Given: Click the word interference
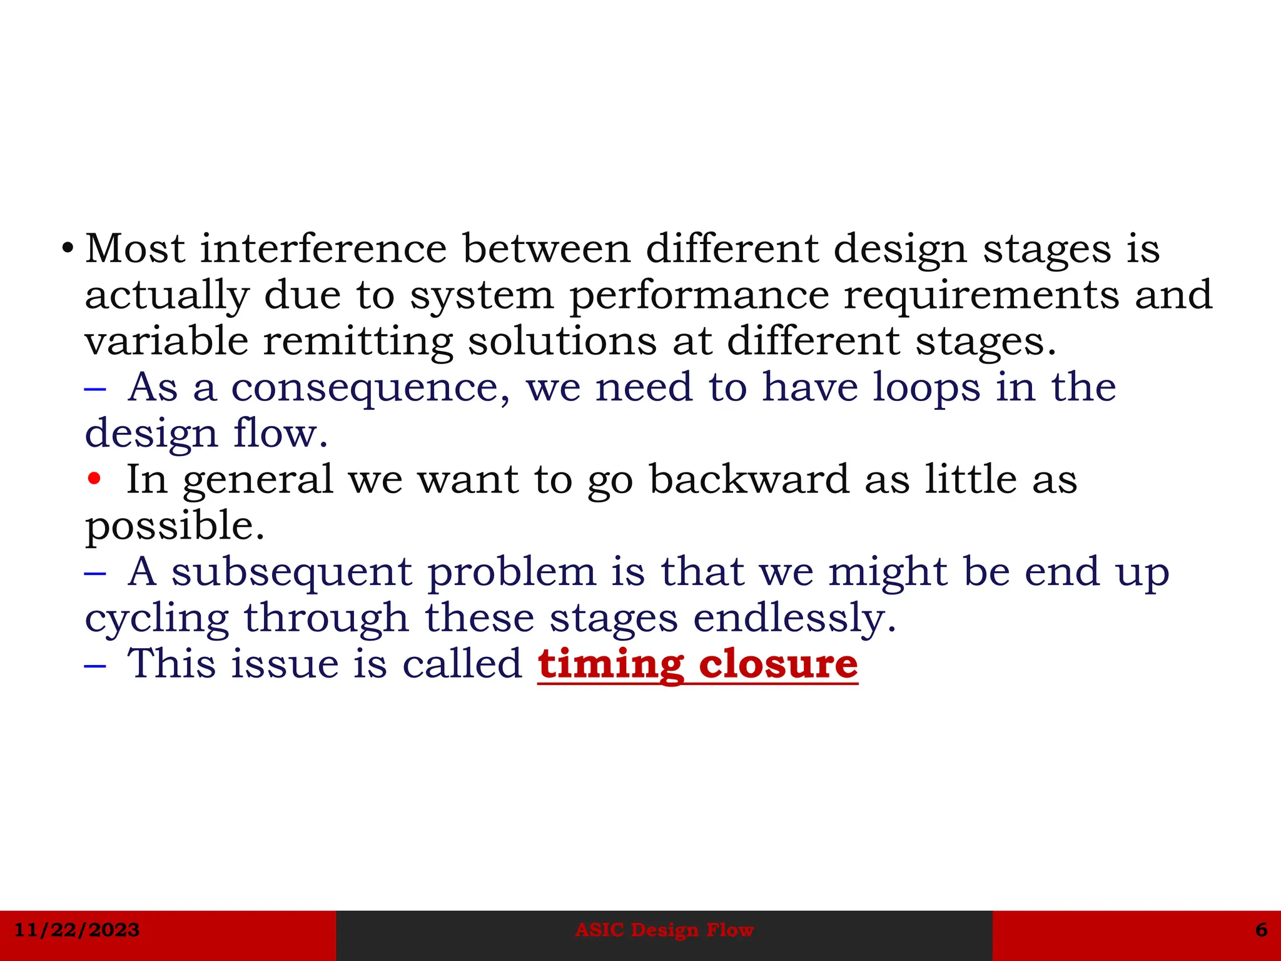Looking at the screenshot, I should pos(323,248).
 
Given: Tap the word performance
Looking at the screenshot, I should pos(699,295).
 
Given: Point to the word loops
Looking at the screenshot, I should pos(926,387).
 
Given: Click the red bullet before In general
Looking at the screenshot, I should pos(94,480).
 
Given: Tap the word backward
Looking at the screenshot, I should pos(749,480).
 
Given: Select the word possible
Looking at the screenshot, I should pos(174,526).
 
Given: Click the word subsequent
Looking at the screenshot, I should pos(291,572).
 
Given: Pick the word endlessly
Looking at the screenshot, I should pos(794,618).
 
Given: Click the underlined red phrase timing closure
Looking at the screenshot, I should pos(697,664).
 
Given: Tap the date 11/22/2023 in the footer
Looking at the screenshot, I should pos(77,930).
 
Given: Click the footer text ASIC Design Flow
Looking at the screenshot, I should pos(664,930).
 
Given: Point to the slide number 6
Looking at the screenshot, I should pos(1261,930).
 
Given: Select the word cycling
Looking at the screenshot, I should pos(156,619).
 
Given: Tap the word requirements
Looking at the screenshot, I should pos(981,295).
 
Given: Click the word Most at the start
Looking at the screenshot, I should pos(135,248).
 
